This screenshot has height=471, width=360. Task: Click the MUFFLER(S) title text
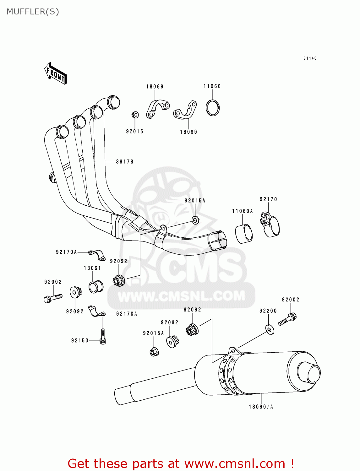click(x=33, y=12)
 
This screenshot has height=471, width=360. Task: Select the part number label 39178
click(x=125, y=162)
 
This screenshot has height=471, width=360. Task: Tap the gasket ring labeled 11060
click(x=213, y=108)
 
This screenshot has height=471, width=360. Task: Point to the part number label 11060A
click(x=243, y=211)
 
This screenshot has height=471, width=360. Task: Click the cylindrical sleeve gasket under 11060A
click(x=244, y=234)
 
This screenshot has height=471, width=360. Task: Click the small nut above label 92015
click(x=135, y=115)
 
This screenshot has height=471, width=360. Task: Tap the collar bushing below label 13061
click(x=96, y=286)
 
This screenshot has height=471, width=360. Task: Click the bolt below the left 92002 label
click(x=53, y=297)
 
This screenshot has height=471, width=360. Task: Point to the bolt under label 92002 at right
click(x=287, y=319)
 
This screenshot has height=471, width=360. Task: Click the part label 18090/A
click(x=261, y=407)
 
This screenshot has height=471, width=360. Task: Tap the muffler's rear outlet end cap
click(x=308, y=373)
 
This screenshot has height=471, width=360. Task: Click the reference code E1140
click(x=310, y=58)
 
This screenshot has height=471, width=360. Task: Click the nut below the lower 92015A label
click(x=154, y=352)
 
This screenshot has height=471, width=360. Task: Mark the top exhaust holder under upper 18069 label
click(x=157, y=108)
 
